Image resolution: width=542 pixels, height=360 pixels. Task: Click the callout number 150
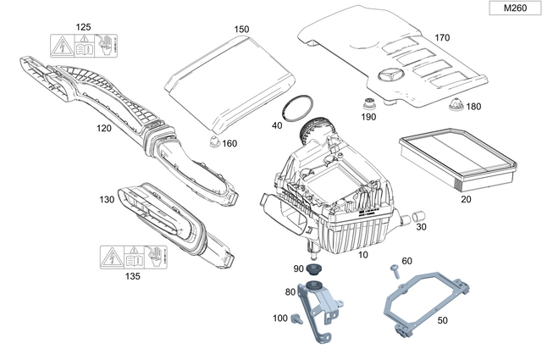pyautogui.click(x=242, y=30)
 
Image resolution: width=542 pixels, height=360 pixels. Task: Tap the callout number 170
pyautogui.click(x=442, y=38)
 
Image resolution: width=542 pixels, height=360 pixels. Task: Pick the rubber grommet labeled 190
pyautogui.click(x=368, y=105)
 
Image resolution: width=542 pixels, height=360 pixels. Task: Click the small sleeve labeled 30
pyautogui.click(x=415, y=220)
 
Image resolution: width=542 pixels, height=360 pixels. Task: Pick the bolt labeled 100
pyautogui.click(x=296, y=319)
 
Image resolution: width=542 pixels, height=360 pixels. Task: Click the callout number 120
pyautogui.click(x=104, y=128)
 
